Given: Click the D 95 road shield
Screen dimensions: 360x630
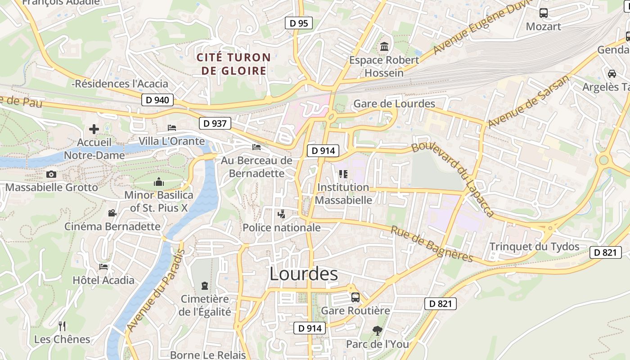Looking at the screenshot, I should point(299,23).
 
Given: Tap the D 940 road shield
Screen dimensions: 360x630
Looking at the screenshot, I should point(157,100).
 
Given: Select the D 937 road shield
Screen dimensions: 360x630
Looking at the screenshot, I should point(215,123).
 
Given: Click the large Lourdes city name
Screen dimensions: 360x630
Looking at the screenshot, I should point(304,274).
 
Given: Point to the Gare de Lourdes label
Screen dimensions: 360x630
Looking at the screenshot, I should point(394,104).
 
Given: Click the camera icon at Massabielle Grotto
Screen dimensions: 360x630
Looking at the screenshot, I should point(51,174).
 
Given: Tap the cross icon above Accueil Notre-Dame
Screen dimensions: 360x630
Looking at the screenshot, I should point(94,129).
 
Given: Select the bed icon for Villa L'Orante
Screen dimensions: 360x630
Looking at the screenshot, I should point(172,128).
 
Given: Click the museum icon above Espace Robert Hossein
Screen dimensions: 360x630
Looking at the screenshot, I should point(384,46).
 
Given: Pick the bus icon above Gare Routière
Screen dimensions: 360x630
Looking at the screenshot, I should point(355,297).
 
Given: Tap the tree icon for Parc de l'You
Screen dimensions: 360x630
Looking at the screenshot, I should point(377,331).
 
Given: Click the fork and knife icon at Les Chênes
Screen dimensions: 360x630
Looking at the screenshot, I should point(62,326).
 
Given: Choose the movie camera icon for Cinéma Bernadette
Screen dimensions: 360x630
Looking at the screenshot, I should point(112,213).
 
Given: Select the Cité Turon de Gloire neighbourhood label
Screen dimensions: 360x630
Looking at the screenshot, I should point(234,64).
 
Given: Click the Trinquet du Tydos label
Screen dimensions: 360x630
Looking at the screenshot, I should point(534,247).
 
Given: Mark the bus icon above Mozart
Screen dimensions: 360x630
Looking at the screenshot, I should point(543,13).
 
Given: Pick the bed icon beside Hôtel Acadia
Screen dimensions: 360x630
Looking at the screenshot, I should point(103,267).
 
